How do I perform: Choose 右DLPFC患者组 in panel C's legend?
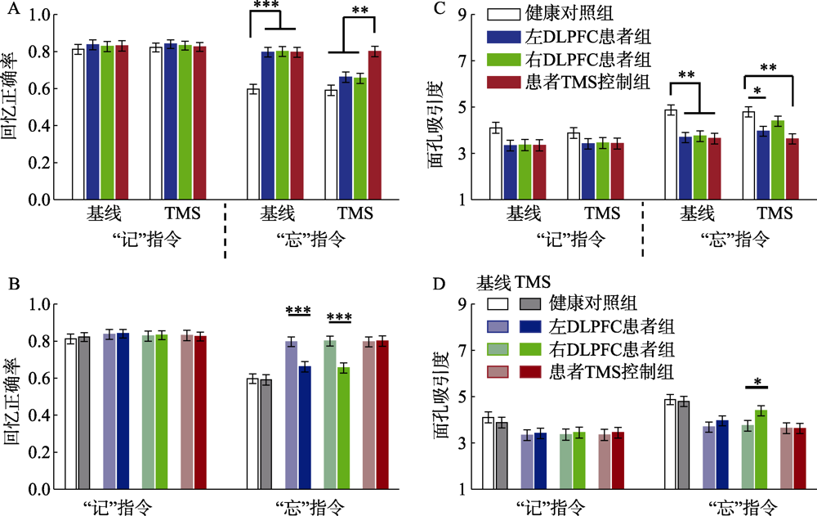click(x=582, y=59)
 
